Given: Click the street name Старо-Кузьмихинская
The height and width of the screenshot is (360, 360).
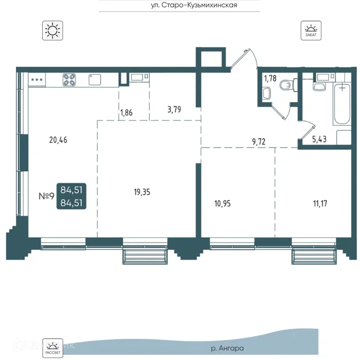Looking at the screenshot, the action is tap(200, 5).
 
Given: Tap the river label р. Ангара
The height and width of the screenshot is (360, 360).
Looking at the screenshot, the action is tap(227, 348).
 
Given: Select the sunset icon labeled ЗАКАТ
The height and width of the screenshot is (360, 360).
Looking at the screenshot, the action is tap(311, 30).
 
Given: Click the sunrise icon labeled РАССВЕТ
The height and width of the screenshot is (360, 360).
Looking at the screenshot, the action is tap(52, 348).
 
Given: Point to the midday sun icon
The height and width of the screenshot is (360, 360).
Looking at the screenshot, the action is tap(52, 30).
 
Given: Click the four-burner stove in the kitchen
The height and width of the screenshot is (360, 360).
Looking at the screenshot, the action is tap(69, 80).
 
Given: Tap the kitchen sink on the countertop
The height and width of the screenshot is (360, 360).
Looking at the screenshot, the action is tap(95, 80).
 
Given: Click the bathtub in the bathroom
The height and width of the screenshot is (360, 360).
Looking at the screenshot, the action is tap(342, 104).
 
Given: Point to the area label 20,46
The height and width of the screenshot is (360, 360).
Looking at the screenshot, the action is tap(58, 140).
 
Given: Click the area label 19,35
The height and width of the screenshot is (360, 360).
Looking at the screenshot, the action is tap(142, 192).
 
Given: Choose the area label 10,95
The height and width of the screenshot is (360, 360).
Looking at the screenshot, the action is tap(223, 204).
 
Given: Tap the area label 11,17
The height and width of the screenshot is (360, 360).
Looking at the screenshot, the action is tap(320, 204).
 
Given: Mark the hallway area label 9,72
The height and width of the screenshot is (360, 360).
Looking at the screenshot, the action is tap(259, 141).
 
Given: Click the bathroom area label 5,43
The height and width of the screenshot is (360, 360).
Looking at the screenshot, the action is tap(319, 139).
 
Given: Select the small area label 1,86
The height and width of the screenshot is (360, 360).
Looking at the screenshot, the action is tap(127, 113).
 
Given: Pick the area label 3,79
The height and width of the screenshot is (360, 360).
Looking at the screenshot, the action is tap(174, 110).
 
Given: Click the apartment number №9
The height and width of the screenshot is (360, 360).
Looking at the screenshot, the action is tap(46, 196).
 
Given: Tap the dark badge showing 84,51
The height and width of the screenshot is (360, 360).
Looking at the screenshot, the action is tap(71, 196).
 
